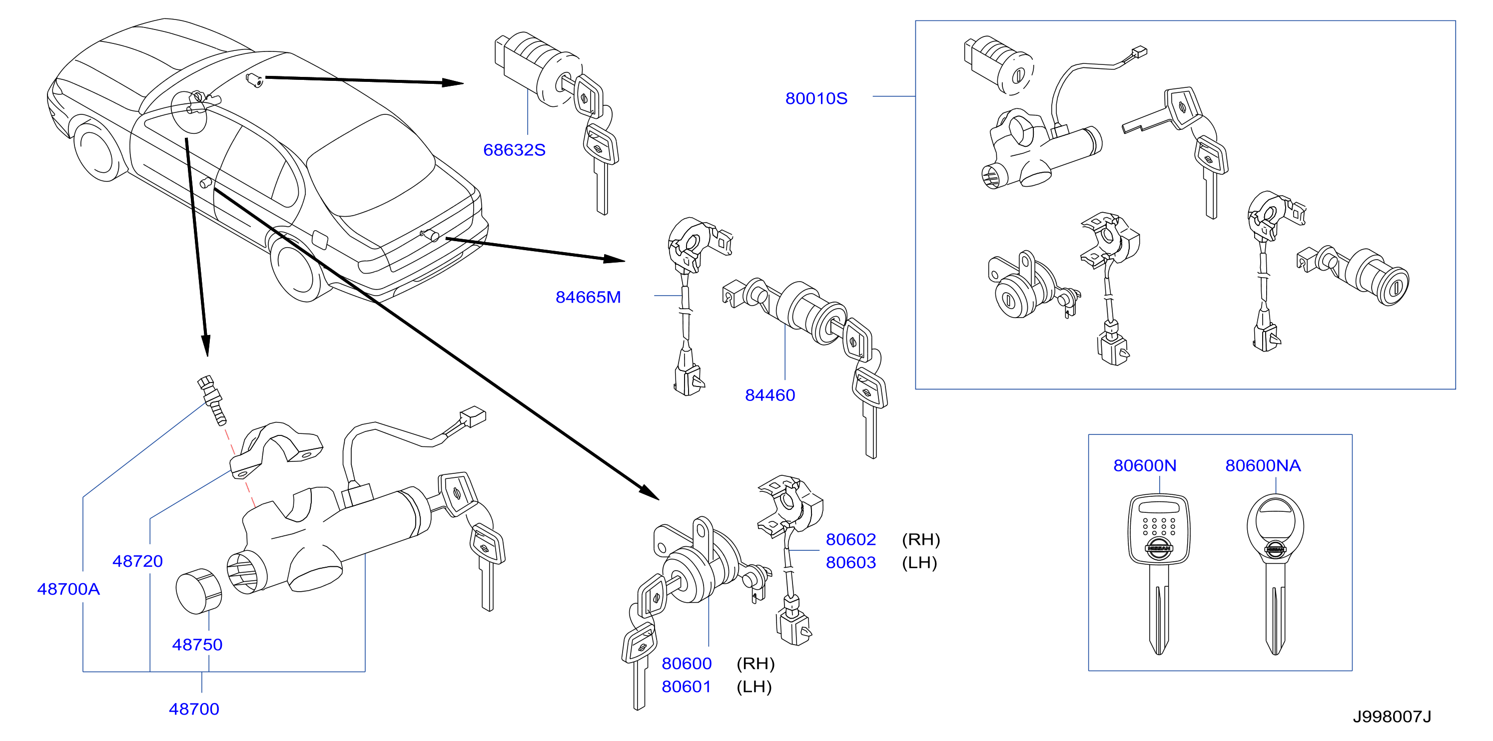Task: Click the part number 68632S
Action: (x=514, y=150)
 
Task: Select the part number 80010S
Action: (x=816, y=98)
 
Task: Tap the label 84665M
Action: (x=588, y=297)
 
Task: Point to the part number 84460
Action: (x=769, y=395)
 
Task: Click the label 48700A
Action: (x=68, y=589)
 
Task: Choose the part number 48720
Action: (x=137, y=561)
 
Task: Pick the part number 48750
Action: (x=197, y=645)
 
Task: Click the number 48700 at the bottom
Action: (x=193, y=709)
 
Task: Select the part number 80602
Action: (x=851, y=539)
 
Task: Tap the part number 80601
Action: (x=686, y=687)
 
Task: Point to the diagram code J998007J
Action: (x=1392, y=717)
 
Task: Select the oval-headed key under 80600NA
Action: (x=1275, y=574)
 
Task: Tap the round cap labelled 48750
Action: (x=198, y=591)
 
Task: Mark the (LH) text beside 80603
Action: (x=919, y=563)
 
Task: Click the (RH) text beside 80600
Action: (x=755, y=664)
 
